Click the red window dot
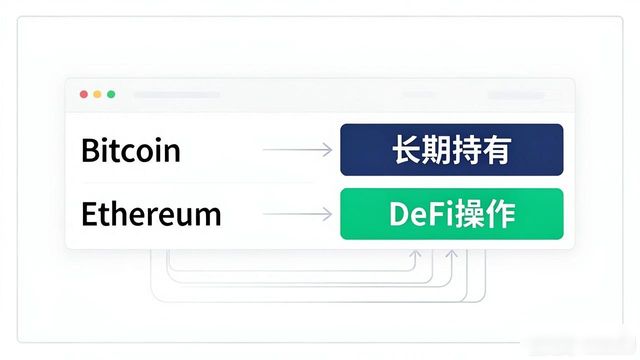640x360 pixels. coord(84,94)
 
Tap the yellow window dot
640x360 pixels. coord(97,94)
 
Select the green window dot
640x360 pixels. coord(111,94)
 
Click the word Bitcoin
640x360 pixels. coord(131,150)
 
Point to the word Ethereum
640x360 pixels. coord(151,214)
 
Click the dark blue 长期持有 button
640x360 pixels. coord(452,150)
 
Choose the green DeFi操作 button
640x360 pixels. coord(452,214)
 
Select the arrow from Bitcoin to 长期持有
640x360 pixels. coord(297,150)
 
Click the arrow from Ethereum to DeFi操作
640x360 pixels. coord(297,214)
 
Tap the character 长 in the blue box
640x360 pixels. coord(407,150)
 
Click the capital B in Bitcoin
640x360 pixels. coord(89,150)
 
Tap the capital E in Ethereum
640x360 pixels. coord(89,214)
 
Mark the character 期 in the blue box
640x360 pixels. coord(436,150)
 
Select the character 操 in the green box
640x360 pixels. coord(470,214)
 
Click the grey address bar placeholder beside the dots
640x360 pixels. coord(176,95)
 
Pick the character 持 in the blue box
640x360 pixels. coord(467,150)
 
